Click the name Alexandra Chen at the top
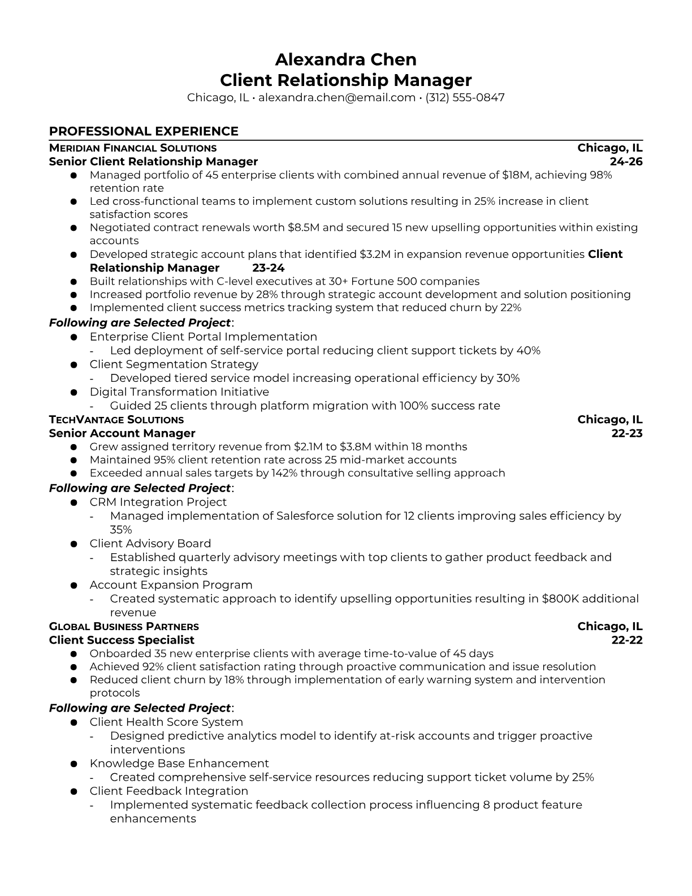coord(345,59)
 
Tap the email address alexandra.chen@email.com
coord(337,97)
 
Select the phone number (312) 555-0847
coord(465,97)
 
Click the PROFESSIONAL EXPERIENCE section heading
coord(144,131)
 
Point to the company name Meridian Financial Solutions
coord(133,148)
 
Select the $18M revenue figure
coord(516,175)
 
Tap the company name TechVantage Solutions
coord(116,420)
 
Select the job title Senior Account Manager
coord(122,433)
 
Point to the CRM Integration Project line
coord(158,502)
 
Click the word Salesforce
coord(304,516)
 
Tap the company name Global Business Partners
coord(124,627)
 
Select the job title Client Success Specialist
coord(122,640)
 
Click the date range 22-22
coord(627,640)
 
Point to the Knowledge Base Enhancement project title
coord(179,764)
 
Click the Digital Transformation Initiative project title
coord(179,392)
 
